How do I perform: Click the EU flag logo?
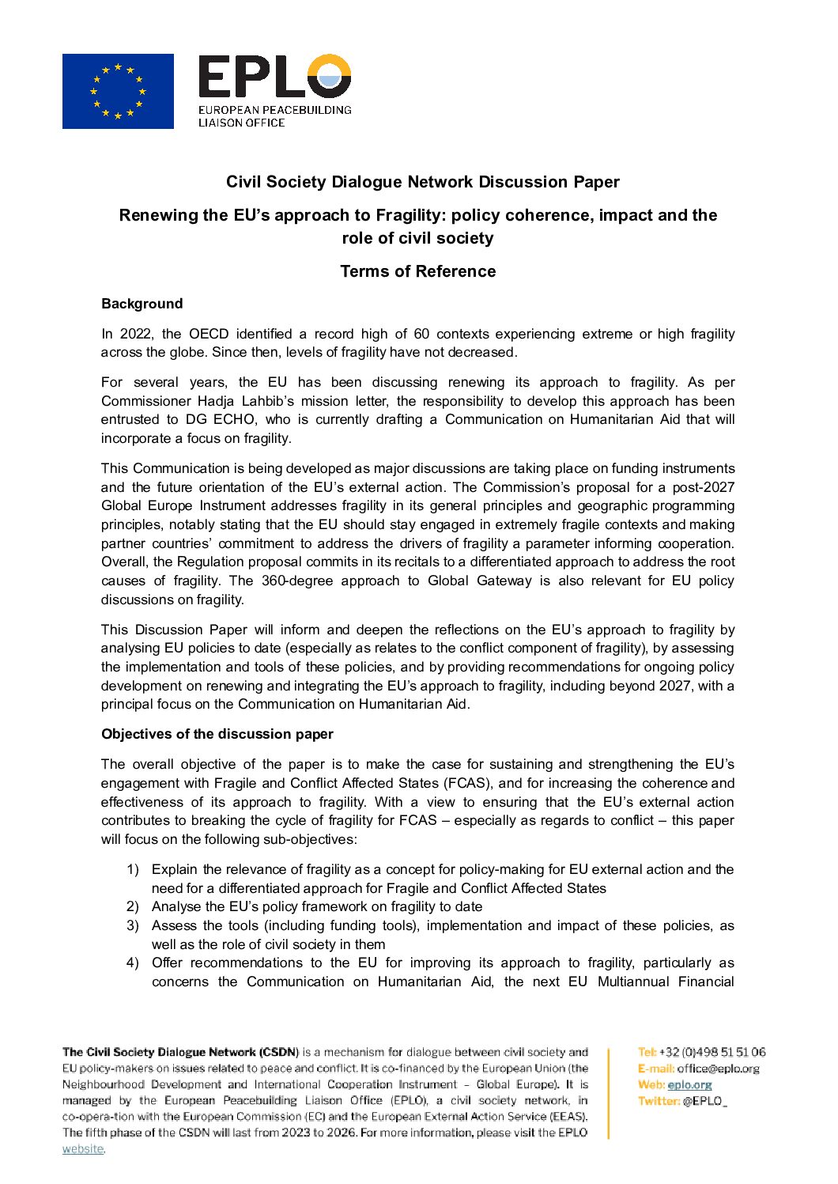[x=118, y=91]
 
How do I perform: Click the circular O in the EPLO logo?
[x=329, y=77]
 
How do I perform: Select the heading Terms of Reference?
[x=417, y=271]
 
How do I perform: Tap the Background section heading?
[x=142, y=304]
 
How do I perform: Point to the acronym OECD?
[x=209, y=334]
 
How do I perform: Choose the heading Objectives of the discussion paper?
[x=217, y=734]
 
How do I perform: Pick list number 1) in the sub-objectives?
[x=133, y=869]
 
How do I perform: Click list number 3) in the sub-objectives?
[x=133, y=925]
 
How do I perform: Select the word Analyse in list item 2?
[x=176, y=906]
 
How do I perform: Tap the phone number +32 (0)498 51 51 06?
[x=712, y=1052]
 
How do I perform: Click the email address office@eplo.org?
[x=718, y=1069]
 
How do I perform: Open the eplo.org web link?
[x=689, y=1085]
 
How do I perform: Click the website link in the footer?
[x=83, y=1149]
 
